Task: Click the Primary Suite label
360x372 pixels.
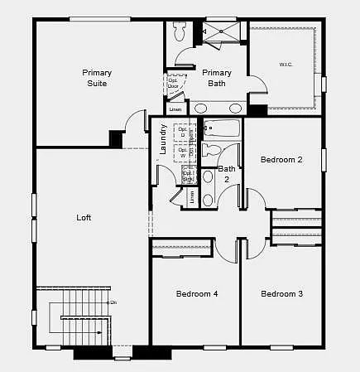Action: [97, 78]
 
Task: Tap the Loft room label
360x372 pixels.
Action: [84, 218]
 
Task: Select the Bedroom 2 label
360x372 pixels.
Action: [281, 159]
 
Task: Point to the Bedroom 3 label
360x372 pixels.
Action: [281, 294]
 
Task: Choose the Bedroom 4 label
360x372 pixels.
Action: [197, 294]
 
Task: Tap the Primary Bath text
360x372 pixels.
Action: [217, 78]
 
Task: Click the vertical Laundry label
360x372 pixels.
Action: [164, 139]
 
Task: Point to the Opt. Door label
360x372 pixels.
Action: [174, 83]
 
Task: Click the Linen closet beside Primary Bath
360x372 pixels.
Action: [175, 109]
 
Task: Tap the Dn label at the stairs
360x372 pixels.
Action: [113, 302]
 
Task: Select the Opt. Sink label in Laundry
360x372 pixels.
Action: [189, 176]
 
